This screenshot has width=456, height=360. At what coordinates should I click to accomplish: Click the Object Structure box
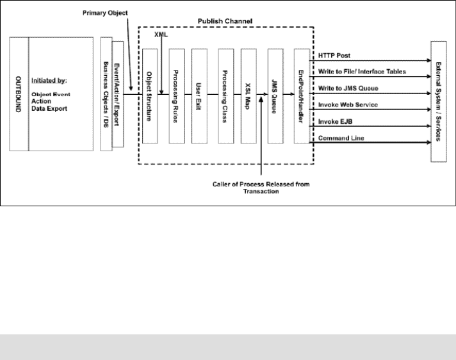point(151,96)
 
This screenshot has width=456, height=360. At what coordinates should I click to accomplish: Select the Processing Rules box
point(176,96)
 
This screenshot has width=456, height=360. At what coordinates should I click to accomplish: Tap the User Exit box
point(201,96)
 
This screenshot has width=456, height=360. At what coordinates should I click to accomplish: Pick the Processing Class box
point(226,96)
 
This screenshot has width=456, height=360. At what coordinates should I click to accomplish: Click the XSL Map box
point(250,96)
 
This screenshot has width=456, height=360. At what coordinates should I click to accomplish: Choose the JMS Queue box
point(277,96)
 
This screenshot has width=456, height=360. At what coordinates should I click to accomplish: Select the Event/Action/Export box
point(118,95)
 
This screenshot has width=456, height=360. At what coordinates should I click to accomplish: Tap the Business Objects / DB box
point(106,95)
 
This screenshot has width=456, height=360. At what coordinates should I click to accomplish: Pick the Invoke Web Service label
point(349,104)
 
